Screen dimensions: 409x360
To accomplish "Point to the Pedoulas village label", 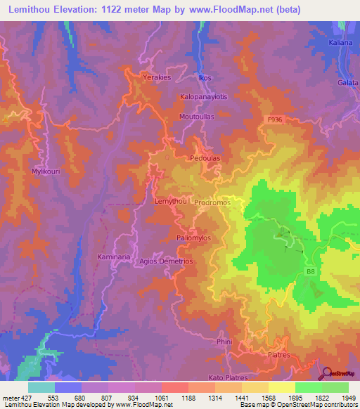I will tap(205, 159).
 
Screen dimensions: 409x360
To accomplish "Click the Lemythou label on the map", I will tap(170, 202).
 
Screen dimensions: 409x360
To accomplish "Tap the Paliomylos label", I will tap(194, 238).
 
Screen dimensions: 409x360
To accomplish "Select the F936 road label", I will tap(275, 120).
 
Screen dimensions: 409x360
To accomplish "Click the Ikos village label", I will tap(205, 77).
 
